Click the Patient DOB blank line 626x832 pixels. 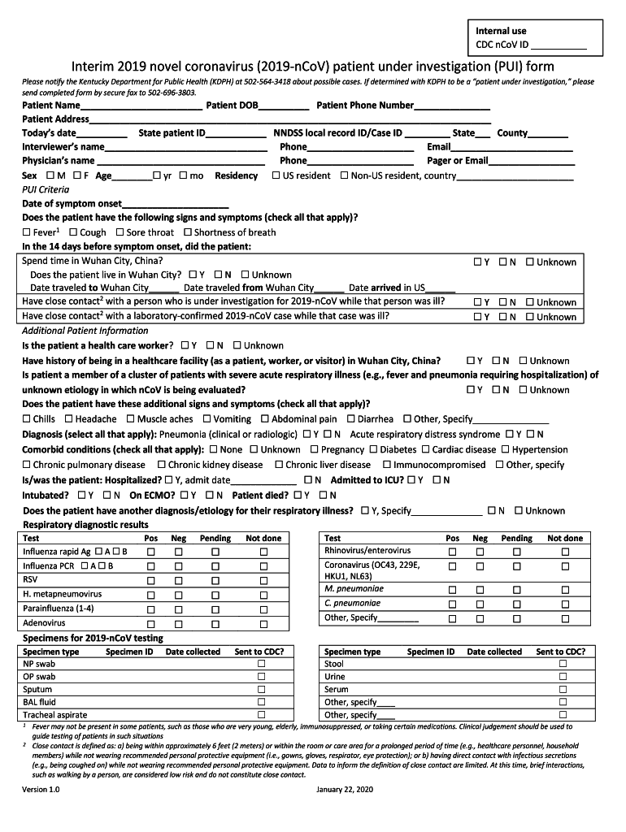coord(285,106)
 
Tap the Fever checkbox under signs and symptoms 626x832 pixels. coord(26,232)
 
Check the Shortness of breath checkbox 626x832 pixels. coord(187,232)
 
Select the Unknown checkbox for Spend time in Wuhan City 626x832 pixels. coord(530,262)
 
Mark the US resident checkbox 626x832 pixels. coord(275,175)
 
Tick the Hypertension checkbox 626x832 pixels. coord(505,449)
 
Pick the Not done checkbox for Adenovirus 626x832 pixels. coord(263,624)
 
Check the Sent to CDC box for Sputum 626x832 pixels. coord(262,689)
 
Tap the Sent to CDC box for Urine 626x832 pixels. coord(562,677)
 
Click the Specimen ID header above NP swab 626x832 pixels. coord(129,652)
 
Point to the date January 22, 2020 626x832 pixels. coord(345,790)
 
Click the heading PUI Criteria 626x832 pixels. coord(46,189)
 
